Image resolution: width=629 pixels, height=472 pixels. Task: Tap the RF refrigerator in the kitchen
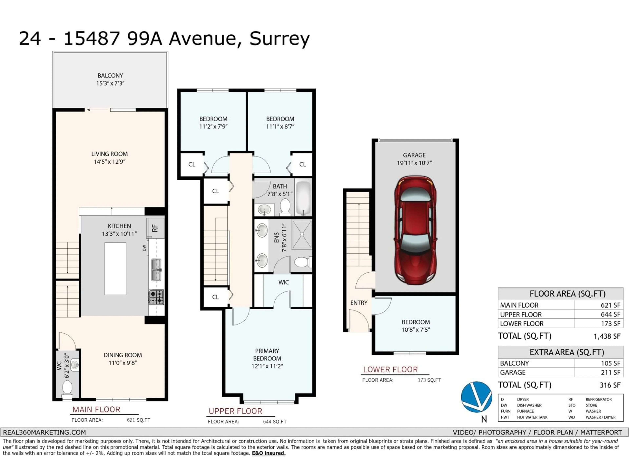coord(155,228)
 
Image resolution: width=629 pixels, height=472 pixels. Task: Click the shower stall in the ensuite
coord(302,234)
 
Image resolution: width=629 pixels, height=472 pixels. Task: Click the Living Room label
coord(109,154)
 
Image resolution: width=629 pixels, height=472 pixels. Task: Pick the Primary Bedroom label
coord(267,355)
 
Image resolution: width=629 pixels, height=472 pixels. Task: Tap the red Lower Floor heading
coord(390,370)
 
